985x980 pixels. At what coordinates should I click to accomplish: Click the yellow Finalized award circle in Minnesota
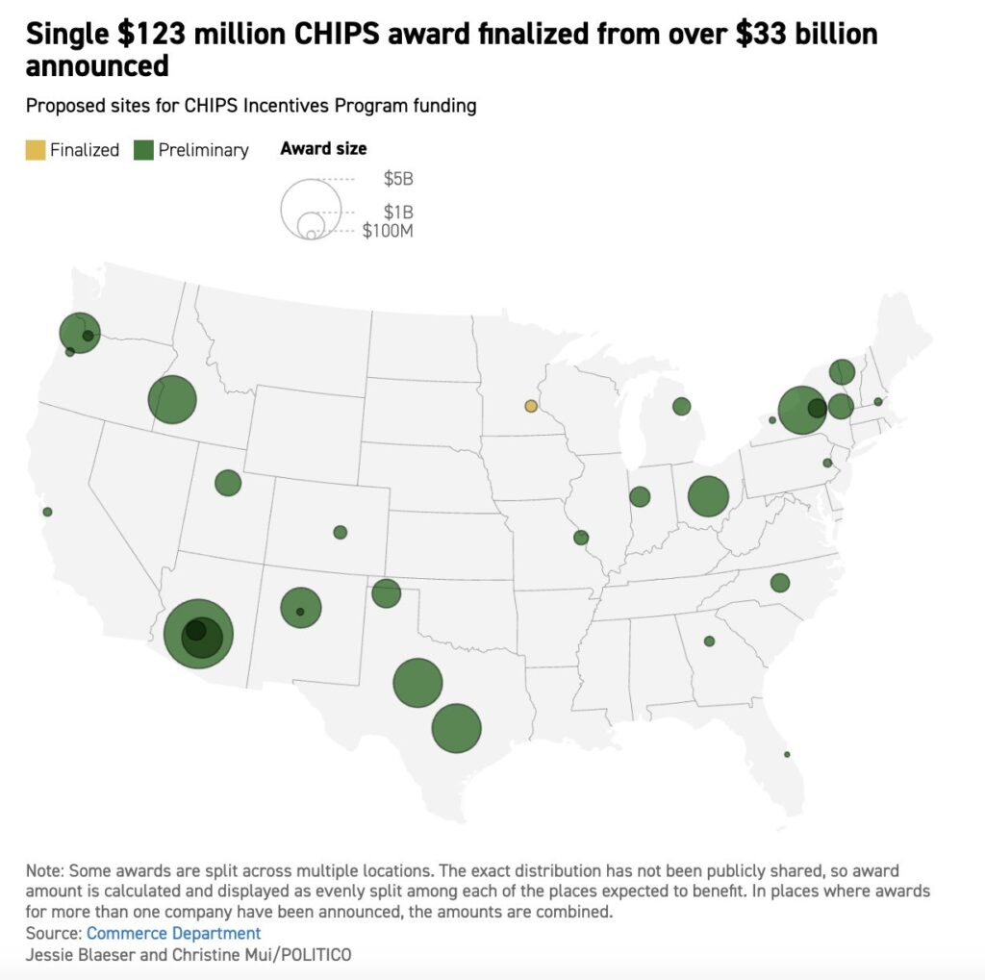tap(530, 406)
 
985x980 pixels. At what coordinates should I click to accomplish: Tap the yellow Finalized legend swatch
tap(36, 149)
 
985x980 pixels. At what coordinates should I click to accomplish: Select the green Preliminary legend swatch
tap(144, 149)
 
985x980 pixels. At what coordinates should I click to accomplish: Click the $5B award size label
tap(397, 179)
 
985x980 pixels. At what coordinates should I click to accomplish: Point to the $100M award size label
tap(388, 231)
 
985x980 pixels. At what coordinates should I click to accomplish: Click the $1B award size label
tap(397, 212)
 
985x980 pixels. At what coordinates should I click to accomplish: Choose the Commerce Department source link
tap(173, 933)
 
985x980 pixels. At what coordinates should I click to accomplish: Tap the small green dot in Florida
tap(787, 754)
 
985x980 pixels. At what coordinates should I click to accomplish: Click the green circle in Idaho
tap(172, 400)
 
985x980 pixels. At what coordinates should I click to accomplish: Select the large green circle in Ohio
tap(708, 497)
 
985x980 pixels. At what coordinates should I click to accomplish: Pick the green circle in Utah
tap(228, 483)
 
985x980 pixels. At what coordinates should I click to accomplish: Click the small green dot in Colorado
tap(340, 532)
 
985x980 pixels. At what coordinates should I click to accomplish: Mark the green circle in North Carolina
tap(780, 583)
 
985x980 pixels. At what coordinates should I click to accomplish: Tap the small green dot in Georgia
tap(710, 641)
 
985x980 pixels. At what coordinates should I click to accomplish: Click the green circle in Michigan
tap(682, 407)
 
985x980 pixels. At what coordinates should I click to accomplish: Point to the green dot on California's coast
tap(47, 512)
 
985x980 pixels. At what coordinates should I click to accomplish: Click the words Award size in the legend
tap(323, 148)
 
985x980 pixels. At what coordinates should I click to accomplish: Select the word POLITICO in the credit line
tap(316, 955)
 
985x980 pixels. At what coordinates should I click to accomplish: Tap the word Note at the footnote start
tap(44, 870)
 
